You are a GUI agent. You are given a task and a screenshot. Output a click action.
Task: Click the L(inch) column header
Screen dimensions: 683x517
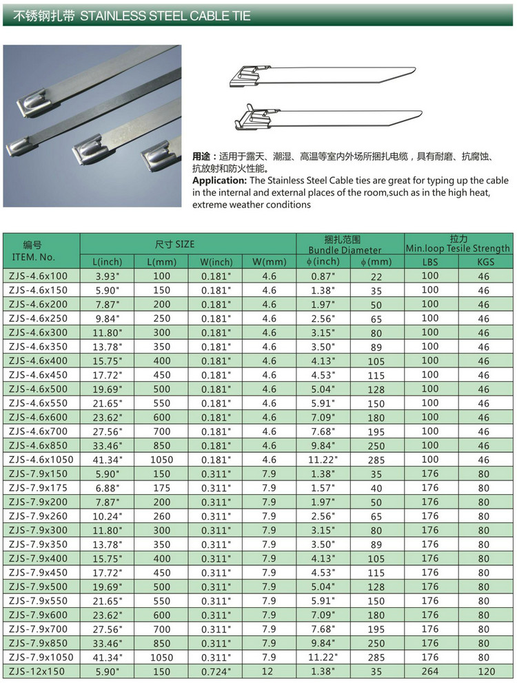107,262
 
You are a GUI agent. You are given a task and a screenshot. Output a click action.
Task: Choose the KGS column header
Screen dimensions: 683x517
484,262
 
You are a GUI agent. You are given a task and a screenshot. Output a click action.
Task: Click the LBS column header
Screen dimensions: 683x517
430,262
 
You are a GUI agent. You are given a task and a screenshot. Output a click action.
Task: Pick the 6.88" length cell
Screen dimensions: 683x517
107,488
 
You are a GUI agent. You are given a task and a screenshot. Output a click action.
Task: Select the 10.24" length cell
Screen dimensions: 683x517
107,516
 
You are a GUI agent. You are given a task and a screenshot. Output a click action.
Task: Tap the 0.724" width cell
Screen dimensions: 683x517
216,671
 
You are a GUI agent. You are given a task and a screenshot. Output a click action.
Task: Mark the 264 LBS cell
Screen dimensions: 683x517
430,671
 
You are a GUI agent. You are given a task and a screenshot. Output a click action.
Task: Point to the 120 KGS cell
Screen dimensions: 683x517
484,671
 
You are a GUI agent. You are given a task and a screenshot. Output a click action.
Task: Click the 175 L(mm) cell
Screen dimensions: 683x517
162,488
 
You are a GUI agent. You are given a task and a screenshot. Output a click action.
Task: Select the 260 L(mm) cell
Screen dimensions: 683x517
162,516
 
